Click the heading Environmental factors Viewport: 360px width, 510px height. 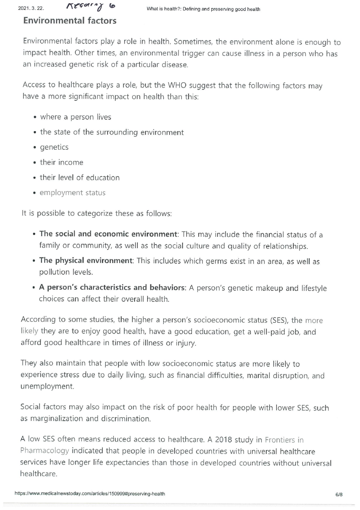pos(70,21)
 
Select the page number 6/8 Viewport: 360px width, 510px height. pos(339,494)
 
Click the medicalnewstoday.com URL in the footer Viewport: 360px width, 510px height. pos(89,494)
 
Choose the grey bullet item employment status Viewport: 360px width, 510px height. pos(73,193)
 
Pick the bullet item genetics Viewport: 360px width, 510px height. pos(54,147)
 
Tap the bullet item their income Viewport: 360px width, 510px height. pos(61,163)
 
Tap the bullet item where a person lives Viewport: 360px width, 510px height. pos(75,117)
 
